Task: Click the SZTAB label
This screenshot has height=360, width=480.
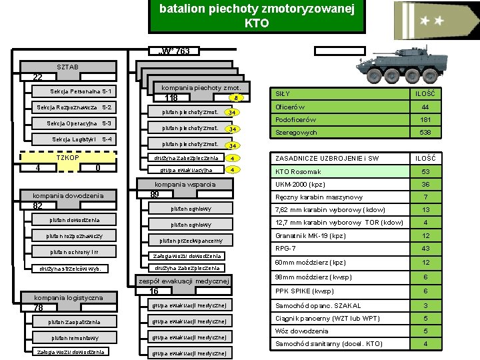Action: [68, 67]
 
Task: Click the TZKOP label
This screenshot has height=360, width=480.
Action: [69, 158]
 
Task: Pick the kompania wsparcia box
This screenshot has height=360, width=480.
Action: [185, 184]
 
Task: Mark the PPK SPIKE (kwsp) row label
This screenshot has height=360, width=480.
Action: [305, 291]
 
